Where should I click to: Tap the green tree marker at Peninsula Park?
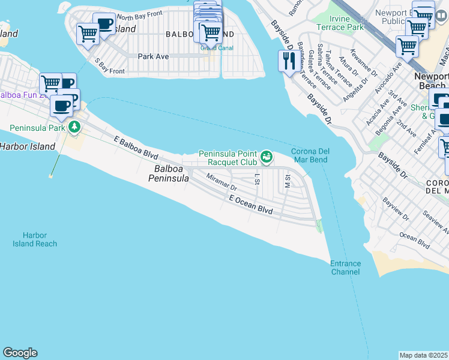(x=74, y=127)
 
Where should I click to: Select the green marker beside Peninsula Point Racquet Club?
(x=267, y=157)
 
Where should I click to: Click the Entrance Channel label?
(x=345, y=268)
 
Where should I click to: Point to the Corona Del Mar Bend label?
(x=309, y=156)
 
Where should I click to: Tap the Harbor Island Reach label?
(x=35, y=239)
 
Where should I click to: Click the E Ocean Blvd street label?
(x=251, y=205)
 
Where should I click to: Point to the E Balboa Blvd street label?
(x=136, y=148)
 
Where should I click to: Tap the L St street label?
(x=258, y=178)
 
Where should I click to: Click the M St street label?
(x=288, y=181)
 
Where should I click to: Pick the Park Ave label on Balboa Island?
(x=153, y=56)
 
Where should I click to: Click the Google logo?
(x=20, y=353)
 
